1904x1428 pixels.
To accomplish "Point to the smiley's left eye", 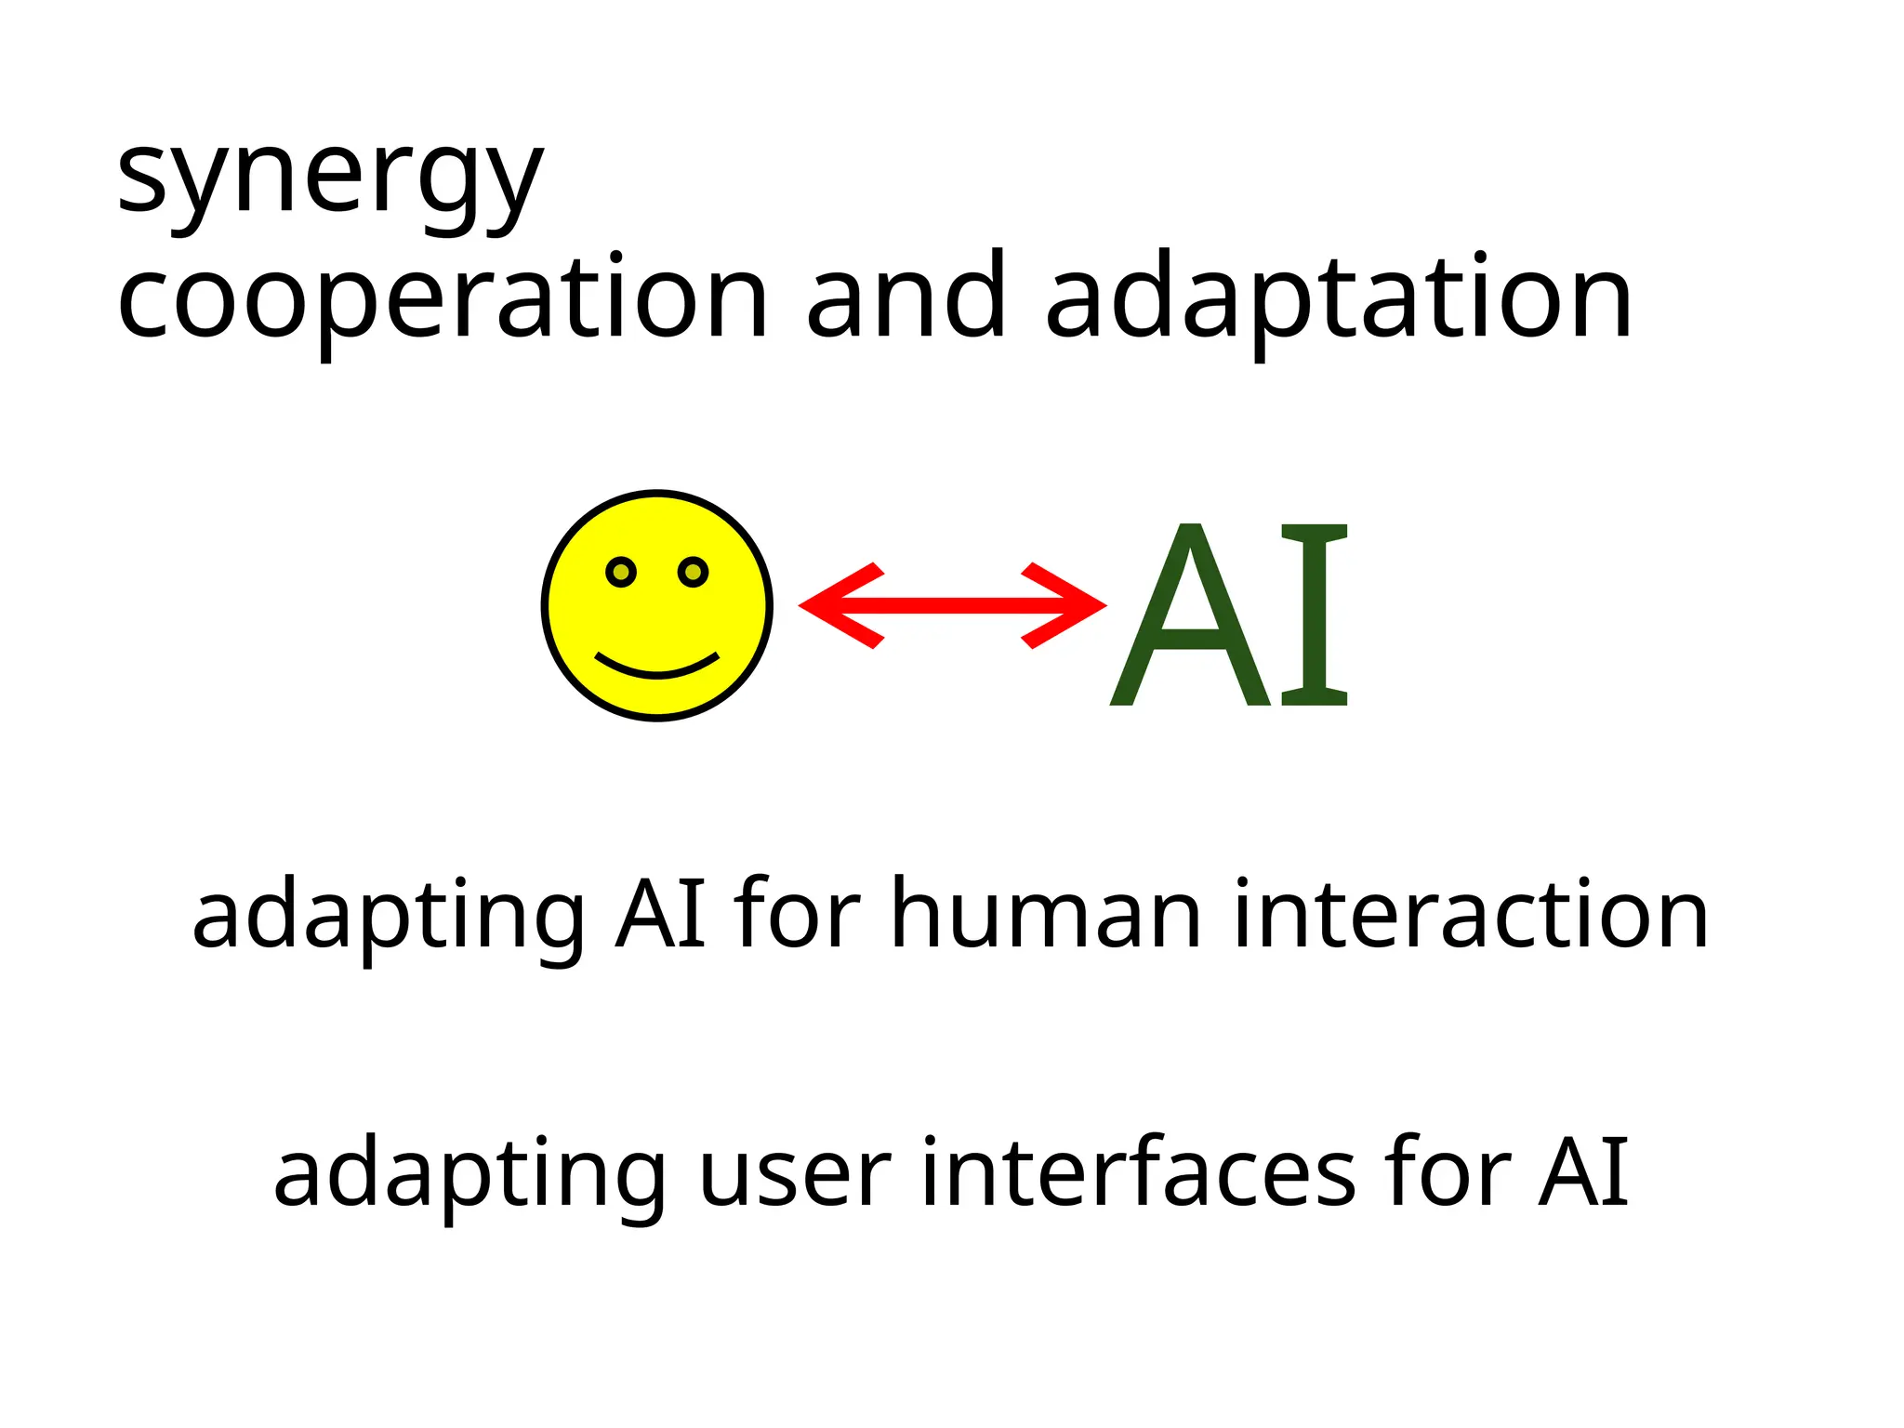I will click(621, 572).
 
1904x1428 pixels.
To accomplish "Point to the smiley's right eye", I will click(694, 572).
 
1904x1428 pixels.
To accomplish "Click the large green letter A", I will click(1190, 618).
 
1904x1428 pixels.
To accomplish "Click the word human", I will click(1046, 916).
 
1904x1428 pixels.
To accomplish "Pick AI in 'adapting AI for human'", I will click(660, 916).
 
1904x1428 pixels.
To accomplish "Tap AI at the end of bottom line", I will click(1583, 1173).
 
